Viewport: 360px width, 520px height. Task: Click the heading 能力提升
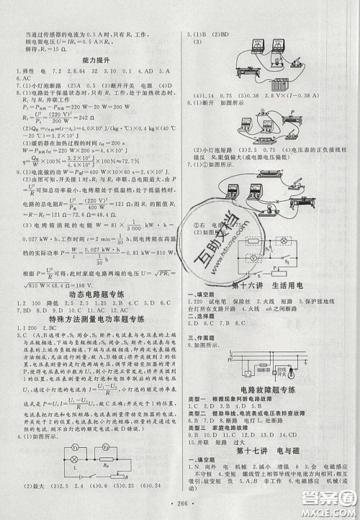[89, 64]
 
